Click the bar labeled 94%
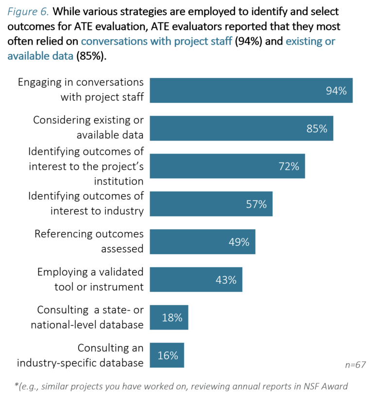[x=251, y=90]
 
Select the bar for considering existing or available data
[x=241, y=128]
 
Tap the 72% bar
[x=227, y=166]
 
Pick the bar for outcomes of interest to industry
[x=211, y=204]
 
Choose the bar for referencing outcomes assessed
[x=202, y=241]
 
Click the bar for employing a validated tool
[x=196, y=279]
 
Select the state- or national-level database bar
[x=169, y=317]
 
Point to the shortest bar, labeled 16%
[x=167, y=355]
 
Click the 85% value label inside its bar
[x=317, y=128]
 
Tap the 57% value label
[x=256, y=204]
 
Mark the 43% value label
[x=226, y=280]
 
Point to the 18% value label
[x=172, y=318]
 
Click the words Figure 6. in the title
[x=27, y=11]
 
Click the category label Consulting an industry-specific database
[x=80, y=355]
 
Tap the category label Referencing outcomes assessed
[x=89, y=241]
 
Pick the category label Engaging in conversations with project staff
[x=81, y=90]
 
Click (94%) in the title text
[x=248, y=41]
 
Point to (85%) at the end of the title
[x=91, y=56]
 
